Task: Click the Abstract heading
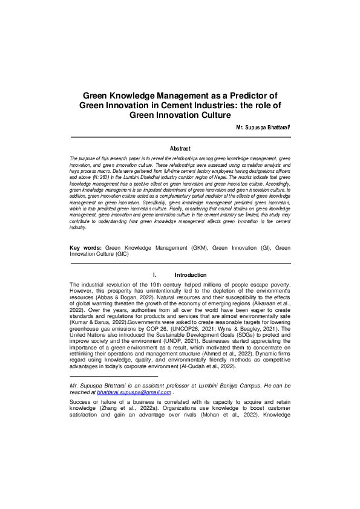click(180, 149)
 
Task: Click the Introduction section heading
click(190, 275)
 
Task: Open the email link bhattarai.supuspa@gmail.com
click(134, 392)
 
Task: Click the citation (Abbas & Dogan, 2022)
click(132, 299)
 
